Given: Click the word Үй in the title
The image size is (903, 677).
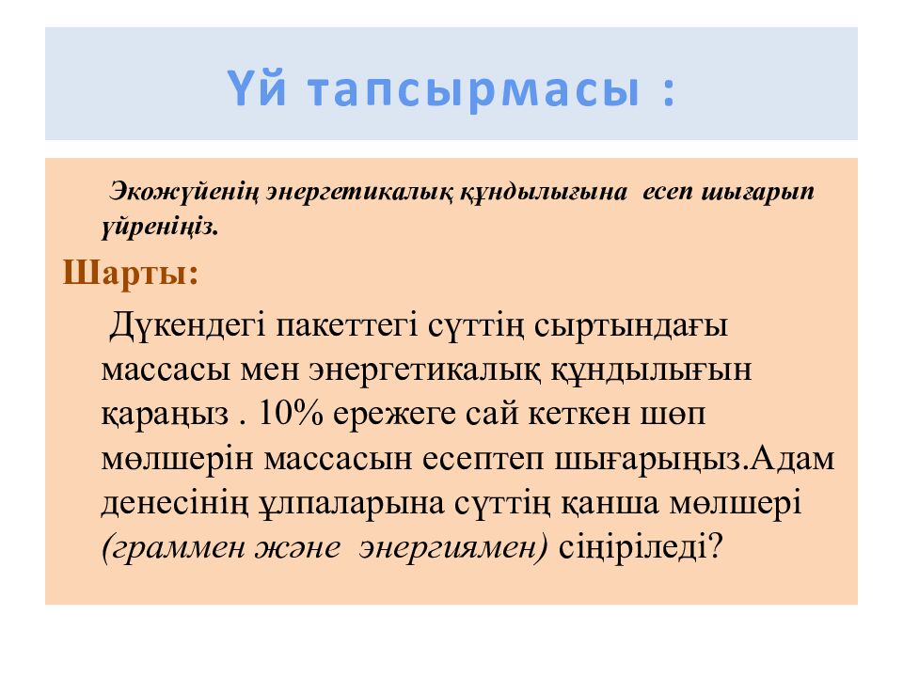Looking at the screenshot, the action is [257, 87].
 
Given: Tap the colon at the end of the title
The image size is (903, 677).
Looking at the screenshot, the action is [669, 92].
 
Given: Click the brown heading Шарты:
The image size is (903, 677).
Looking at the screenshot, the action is [130, 272].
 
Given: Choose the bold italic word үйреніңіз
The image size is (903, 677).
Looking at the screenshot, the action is [160, 228].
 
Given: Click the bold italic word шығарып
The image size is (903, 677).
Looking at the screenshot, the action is [757, 192].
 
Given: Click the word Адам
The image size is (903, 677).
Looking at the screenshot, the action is [793, 459].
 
